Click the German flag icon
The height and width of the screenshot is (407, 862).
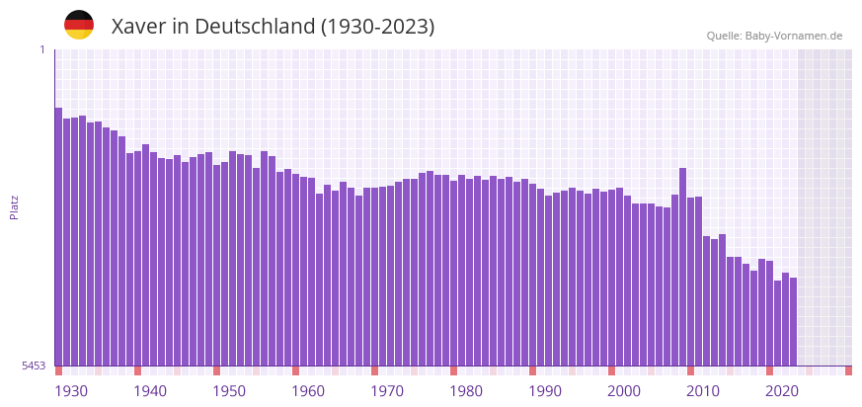[x=79, y=25]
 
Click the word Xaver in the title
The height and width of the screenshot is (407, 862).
[x=138, y=27]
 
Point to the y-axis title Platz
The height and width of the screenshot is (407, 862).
[x=15, y=206]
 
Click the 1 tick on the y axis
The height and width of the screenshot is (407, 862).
[x=41, y=49]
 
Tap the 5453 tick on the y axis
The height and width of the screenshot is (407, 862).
[x=35, y=366]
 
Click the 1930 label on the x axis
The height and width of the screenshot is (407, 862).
[x=71, y=391]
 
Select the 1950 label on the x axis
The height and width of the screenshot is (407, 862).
[x=229, y=391]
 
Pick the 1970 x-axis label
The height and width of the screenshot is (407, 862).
[x=387, y=391]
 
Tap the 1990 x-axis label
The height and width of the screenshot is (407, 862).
[x=545, y=391]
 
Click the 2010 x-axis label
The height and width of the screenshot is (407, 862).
[x=703, y=391]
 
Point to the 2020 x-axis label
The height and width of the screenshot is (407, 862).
[x=782, y=391]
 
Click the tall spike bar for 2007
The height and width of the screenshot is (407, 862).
[x=682, y=267]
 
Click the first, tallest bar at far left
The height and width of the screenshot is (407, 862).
[x=58, y=237]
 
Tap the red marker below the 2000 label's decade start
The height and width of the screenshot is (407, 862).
[x=611, y=370]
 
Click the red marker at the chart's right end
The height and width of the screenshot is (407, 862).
[x=848, y=370]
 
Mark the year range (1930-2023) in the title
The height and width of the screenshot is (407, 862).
[x=377, y=27]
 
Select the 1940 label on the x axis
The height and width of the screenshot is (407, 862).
[x=150, y=391]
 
